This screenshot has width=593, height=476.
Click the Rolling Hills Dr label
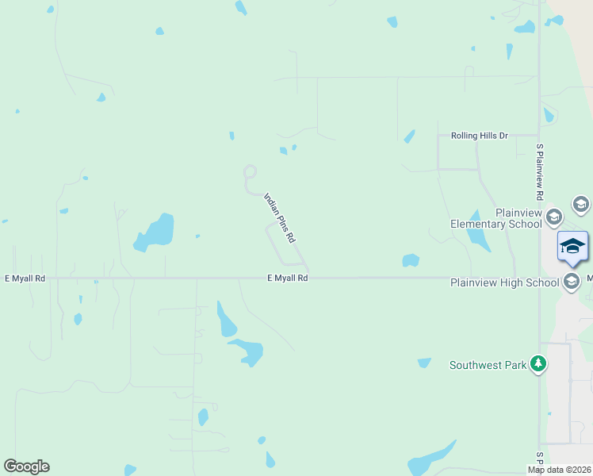(479, 136)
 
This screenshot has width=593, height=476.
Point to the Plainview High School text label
(504, 282)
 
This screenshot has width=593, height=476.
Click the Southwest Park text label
(488, 365)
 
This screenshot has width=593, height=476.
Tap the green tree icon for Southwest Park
(539, 363)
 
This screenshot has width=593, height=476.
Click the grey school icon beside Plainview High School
(572, 281)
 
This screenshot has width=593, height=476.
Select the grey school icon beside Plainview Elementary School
(553, 217)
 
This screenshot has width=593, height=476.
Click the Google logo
(26, 466)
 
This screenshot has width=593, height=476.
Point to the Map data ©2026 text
(560, 470)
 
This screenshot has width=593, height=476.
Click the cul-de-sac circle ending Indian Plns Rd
(250, 171)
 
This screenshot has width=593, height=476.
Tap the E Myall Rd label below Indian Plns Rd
(288, 278)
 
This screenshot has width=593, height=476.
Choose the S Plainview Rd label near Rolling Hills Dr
(540, 171)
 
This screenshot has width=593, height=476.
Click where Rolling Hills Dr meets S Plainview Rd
(539, 136)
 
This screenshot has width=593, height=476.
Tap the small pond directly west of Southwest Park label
(424, 363)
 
